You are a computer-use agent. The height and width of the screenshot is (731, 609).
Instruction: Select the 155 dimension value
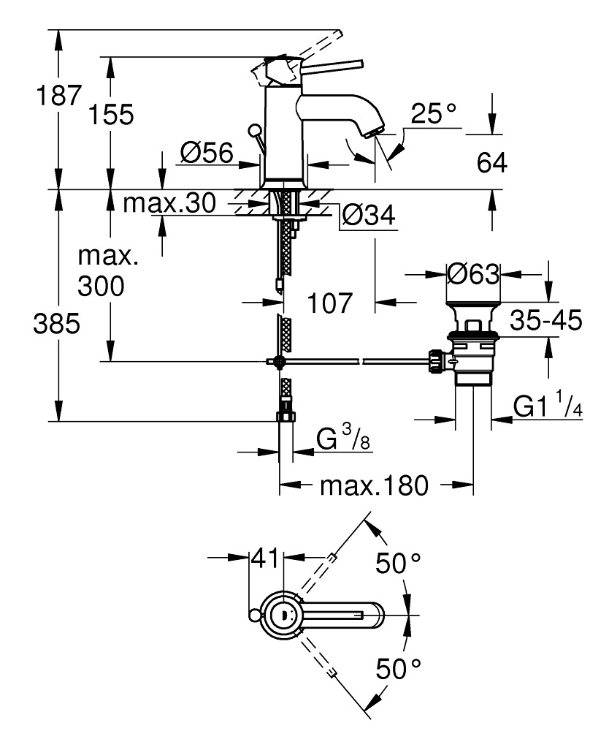click(x=112, y=115)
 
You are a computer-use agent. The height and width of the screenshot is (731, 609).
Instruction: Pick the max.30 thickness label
click(x=169, y=203)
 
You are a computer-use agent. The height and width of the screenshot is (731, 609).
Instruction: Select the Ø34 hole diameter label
click(x=368, y=215)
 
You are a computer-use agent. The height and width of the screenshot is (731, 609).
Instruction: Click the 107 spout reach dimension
click(x=329, y=301)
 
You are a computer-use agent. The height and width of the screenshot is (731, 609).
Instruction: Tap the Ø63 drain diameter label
click(x=472, y=275)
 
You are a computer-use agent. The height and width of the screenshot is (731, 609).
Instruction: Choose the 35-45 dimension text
click(x=547, y=320)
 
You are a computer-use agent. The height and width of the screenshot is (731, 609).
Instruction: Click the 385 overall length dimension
click(x=56, y=325)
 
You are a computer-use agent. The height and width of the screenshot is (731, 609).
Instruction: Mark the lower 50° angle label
click(x=398, y=667)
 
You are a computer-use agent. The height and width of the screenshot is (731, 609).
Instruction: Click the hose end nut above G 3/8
click(x=285, y=417)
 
